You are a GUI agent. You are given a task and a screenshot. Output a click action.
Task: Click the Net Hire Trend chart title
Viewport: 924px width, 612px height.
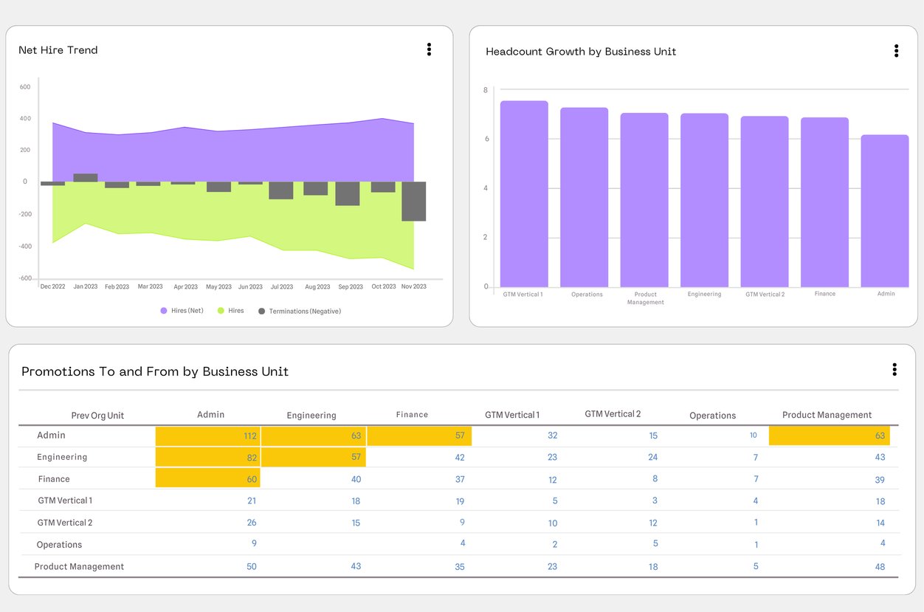coord(58,50)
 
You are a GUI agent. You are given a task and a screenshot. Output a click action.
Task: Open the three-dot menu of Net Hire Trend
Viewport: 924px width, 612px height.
coord(429,49)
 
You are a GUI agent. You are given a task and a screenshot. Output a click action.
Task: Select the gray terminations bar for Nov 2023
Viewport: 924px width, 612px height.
coord(413,201)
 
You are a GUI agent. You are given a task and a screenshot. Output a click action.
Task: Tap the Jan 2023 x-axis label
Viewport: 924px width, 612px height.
coord(86,286)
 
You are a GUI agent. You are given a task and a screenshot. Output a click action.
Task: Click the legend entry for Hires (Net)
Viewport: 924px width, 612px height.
coord(182,311)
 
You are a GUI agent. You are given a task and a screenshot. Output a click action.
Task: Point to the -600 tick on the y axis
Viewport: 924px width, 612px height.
coord(25,278)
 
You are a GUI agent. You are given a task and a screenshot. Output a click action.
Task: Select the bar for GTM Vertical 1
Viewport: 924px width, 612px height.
coord(524,194)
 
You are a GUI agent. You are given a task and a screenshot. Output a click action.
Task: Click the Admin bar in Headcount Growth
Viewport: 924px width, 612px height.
coord(884,211)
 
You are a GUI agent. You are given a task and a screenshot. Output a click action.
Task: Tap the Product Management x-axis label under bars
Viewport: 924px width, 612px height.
coord(645,298)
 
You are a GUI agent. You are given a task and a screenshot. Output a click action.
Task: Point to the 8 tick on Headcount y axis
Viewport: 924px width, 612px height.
coord(486,90)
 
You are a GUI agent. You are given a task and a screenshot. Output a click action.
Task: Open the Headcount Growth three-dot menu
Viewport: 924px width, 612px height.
coord(896,51)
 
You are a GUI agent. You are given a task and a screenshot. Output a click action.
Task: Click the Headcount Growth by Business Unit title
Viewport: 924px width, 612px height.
coord(581,52)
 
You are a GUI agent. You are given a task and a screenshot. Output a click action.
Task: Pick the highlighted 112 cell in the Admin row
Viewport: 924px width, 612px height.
coord(207,436)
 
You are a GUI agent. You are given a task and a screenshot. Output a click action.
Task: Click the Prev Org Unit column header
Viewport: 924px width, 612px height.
coord(97,416)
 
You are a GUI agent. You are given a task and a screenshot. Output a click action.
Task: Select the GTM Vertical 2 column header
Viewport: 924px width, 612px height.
coord(613,414)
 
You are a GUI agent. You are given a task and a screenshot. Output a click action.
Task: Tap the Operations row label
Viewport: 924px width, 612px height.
coord(60,545)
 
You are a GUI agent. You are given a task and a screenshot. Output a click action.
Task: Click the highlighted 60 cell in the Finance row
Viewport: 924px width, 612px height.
coord(207,479)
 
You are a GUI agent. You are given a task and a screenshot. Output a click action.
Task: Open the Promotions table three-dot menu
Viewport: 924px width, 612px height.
coord(894,369)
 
